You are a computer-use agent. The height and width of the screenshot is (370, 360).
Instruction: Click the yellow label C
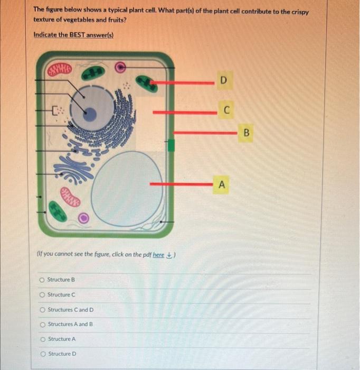click(226, 110)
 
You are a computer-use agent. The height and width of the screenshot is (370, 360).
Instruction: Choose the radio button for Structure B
click(42, 280)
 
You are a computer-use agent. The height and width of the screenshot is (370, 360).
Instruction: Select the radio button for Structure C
click(42, 294)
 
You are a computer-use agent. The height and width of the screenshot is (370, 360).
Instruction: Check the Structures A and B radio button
click(42, 324)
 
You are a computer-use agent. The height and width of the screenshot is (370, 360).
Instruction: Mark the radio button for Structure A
click(42, 339)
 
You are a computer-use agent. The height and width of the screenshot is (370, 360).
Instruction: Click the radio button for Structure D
click(42, 354)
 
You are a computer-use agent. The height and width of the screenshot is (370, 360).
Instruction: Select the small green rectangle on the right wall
click(170, 146)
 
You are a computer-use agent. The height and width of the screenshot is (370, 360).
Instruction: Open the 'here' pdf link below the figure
click(158, 254)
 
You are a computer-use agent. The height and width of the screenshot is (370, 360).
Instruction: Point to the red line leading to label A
click(179, 184)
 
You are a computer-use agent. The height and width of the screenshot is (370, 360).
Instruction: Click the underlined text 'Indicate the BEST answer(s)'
click(73, 34)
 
